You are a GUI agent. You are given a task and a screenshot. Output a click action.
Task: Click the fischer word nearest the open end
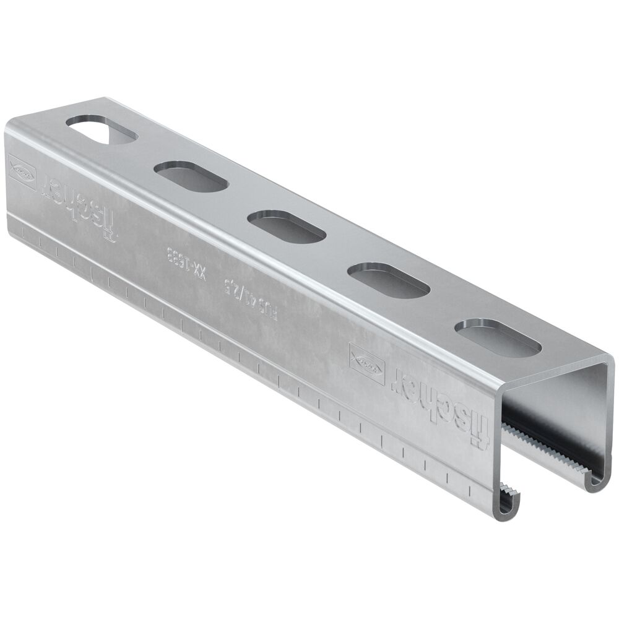tap(444, 400)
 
